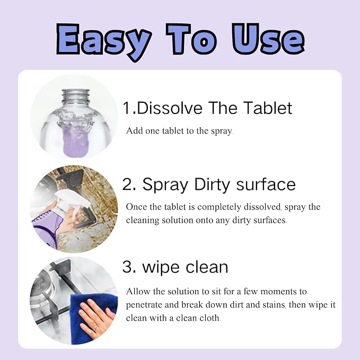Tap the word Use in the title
(x=268, y=39)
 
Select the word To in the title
(x=191, y=39)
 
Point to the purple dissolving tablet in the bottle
(x=75, y=141)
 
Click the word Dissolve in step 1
(x=170, y=108)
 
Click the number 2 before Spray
(x=127, y=184)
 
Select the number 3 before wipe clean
(x=127, y=267)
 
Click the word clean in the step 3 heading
(x=207, y=267)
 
